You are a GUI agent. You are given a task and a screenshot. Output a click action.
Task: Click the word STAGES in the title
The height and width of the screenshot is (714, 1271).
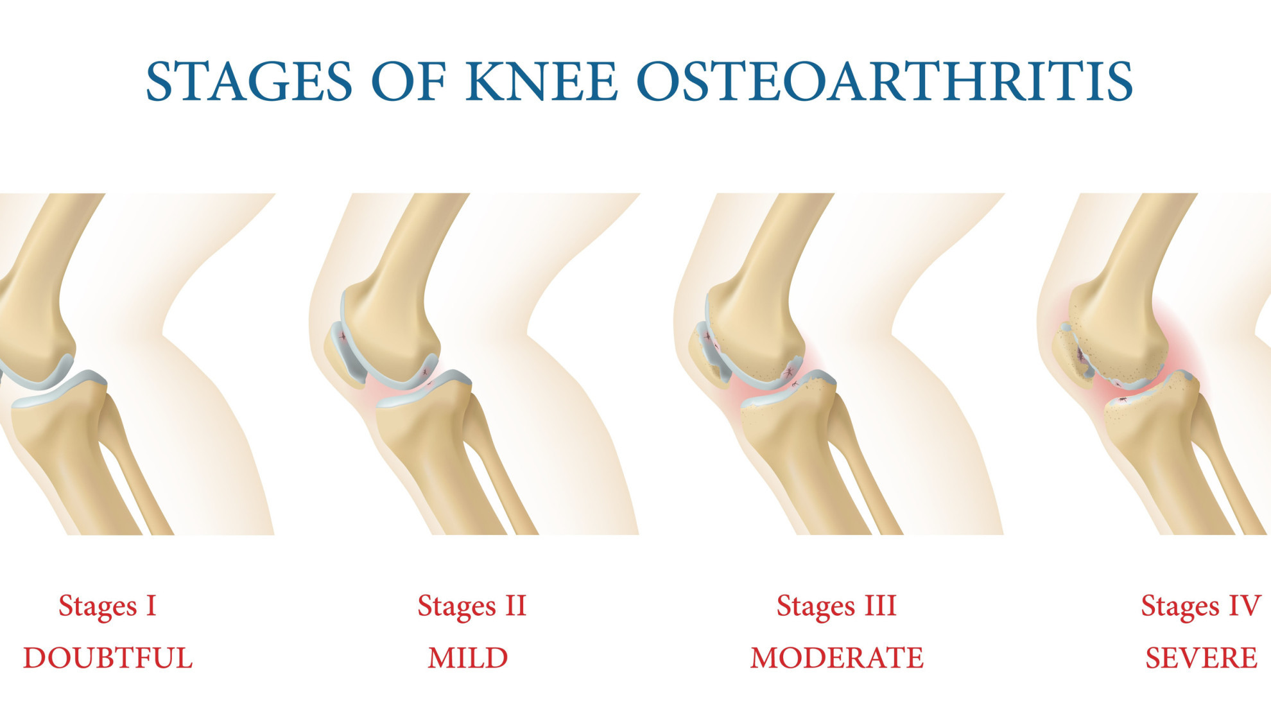coord(249,82)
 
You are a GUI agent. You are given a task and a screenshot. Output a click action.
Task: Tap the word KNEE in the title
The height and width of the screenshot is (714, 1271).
coord(542,82)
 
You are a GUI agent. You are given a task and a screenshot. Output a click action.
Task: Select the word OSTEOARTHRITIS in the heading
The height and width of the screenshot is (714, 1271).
coord(885,82)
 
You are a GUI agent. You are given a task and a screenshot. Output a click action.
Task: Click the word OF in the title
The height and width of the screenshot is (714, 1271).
coord(409,82)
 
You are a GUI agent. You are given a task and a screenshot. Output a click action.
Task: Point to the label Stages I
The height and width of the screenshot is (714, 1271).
coord(108,606)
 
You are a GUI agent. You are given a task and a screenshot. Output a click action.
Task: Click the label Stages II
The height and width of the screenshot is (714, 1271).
coord(472,606)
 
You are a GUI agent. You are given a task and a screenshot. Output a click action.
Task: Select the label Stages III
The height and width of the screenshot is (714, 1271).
coord(836,606)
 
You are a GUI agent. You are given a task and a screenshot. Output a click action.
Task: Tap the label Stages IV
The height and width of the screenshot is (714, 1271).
coord(1200,606)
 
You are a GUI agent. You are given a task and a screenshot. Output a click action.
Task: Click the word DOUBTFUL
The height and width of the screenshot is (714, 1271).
coord(108,658)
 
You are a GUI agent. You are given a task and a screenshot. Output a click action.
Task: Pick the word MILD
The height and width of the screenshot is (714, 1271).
coord(468,658)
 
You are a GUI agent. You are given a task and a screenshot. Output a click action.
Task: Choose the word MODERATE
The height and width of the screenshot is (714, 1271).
coord(837,658)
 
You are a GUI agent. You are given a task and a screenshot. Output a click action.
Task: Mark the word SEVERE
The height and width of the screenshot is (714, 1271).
coord(1201,658)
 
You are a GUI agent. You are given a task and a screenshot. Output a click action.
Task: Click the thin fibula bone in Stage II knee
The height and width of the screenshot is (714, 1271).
coord(497,462)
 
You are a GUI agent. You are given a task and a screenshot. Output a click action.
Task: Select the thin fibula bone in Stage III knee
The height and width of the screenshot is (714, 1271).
coord(863,462)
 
